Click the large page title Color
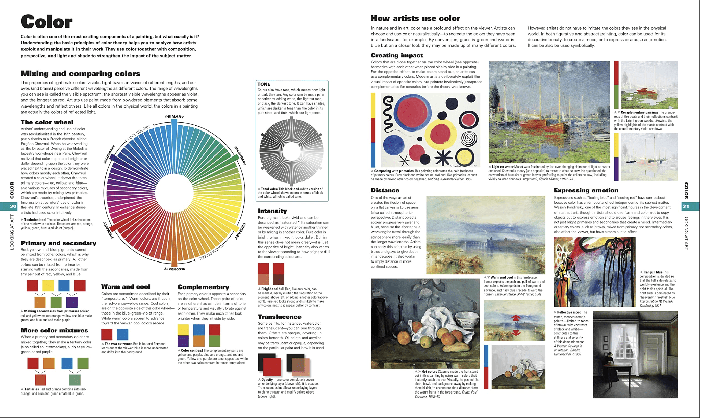pos(46,22)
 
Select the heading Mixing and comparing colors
pos(80,74)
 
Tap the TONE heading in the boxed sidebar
pos(264,84)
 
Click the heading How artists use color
pos(415,18)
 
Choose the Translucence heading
pos(279,317)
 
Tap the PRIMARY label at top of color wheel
pos(174,117)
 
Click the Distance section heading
pos(385,191)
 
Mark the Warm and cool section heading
pos(126,287)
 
